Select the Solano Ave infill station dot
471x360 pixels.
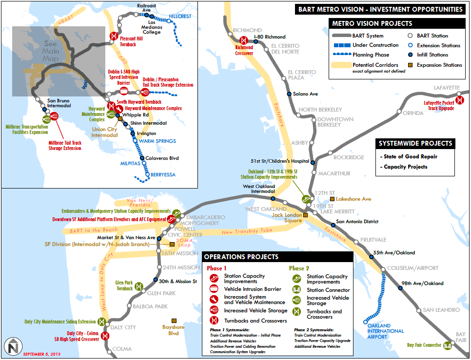(289, 94)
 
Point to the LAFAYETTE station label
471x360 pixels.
(447, 88)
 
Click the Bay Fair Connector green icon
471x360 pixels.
(447, 345)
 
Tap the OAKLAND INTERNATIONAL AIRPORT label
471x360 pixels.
(386, 331)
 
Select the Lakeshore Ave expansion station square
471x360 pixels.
(332, 199)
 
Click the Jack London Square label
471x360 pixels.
(287, 217)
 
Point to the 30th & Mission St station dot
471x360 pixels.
(156, 281)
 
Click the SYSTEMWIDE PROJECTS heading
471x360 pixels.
(416, 144)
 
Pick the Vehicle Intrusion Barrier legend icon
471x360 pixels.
(213, 289)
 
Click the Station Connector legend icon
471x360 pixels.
(295, 290)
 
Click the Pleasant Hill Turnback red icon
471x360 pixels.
(113, 36)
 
